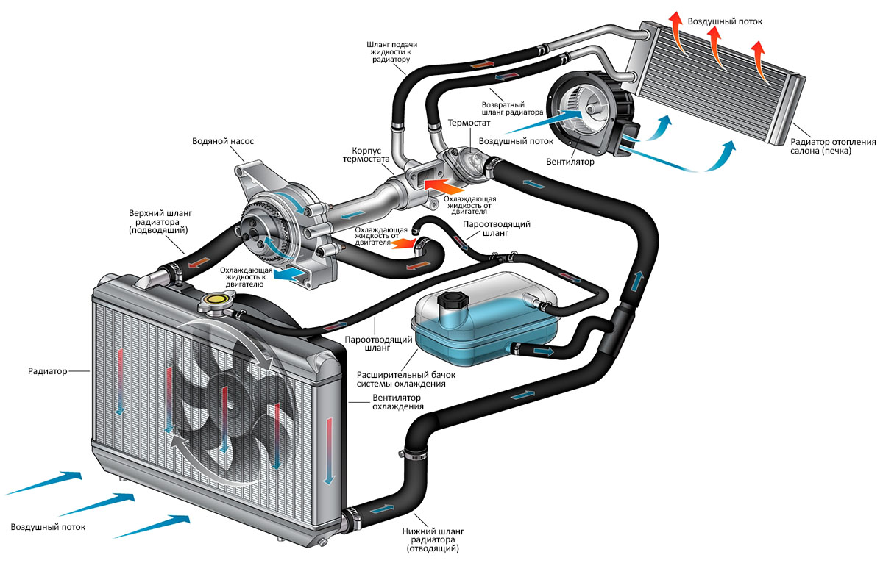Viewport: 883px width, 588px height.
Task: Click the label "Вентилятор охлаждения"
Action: (x=397, y=401)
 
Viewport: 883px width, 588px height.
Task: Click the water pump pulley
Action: (x=261, y=228)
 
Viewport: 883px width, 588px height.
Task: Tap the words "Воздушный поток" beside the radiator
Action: (x=48, y=527)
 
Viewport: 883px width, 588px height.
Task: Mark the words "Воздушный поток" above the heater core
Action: (x=725, y=21)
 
